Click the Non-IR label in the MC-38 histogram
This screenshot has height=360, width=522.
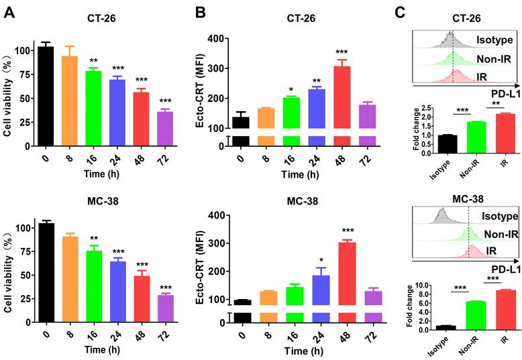click(x=496, y=235)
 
